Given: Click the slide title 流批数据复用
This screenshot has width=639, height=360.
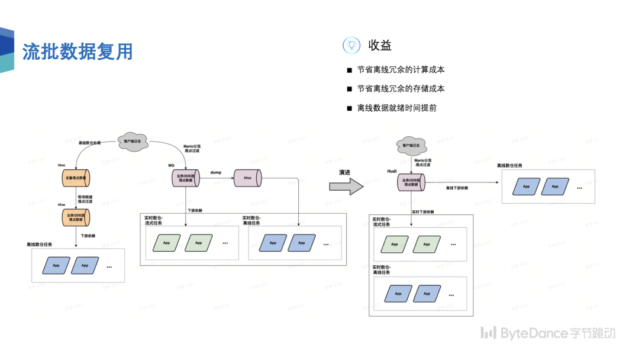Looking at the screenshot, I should click(x=78, y=52).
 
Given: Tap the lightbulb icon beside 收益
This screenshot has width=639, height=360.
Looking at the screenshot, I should click(x=351, y=45).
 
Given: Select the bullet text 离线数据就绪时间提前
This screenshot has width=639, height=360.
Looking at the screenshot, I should click(x=396, y=108).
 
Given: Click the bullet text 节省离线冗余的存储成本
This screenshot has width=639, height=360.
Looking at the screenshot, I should click(x=401, y=89).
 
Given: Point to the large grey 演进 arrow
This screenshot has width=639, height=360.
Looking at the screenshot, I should click(x=346, y=186).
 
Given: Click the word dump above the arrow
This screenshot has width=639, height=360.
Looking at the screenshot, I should click(x=215, y=172).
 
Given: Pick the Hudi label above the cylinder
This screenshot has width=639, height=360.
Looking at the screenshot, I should click(x=392, y=171).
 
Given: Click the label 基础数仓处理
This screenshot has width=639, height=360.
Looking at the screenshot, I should click(x=90, y=143).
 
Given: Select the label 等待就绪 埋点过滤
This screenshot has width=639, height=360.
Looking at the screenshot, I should click(x=85, y=199).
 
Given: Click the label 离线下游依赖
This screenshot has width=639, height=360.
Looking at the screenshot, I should click(x=457, y=188).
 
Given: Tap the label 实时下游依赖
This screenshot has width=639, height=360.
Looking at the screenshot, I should click(x=423, y=211).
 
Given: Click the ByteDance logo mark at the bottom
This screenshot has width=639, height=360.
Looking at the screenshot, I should click(x=488, y=333).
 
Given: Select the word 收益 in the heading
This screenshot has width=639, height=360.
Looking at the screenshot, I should click(x=380, y=45).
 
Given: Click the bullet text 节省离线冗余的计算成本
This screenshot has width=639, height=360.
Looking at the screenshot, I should click(x=401, y=70).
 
